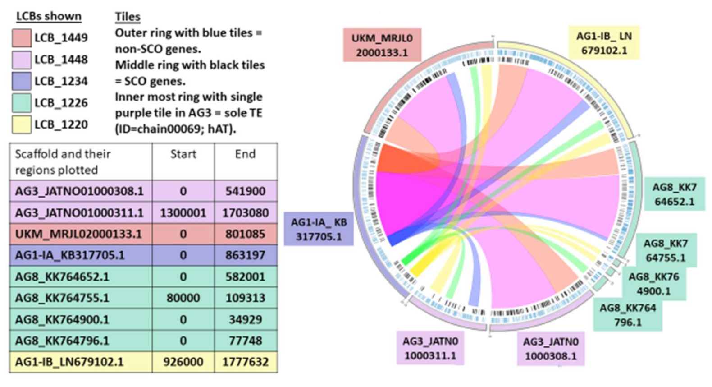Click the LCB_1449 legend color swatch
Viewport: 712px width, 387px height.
[21, 38]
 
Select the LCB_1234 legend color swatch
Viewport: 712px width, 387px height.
[21, 82]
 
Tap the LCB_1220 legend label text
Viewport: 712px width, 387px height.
[61, 125]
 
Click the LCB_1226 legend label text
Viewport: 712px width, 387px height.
[61, 103]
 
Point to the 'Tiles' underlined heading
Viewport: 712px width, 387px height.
[128, 17]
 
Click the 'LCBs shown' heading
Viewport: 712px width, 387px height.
[49, 17]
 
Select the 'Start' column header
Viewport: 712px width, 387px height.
[183, 154]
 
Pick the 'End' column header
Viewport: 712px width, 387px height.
[245, 154]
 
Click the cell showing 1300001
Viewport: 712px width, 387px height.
[183, 213]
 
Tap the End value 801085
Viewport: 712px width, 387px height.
[245, 234]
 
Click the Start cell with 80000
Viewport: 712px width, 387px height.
[183, 298]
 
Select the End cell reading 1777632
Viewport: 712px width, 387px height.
[245, 362]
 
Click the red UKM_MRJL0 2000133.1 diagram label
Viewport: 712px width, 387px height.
[382, 45]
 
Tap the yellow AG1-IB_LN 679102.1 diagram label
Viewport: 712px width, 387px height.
[604, 43]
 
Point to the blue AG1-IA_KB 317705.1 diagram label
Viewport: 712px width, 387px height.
[319, 229]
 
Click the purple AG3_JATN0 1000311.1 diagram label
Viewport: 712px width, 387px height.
[430, 348]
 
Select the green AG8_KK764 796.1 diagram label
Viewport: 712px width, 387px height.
[627, 315]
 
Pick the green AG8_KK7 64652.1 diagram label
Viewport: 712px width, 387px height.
[674, 194]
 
